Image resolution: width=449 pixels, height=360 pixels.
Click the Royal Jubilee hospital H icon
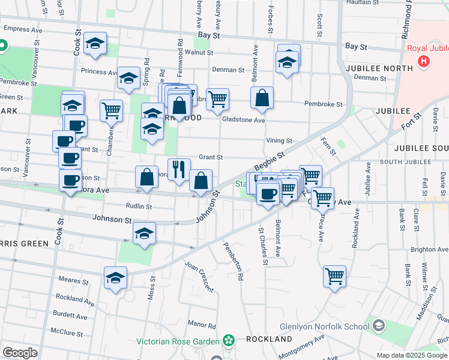pos(424,61)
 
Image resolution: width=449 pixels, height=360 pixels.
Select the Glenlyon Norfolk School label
pos(324,327)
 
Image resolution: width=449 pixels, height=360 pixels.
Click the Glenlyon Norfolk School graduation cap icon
pos(378,326)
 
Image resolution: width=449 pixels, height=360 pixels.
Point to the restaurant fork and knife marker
pos(179,169)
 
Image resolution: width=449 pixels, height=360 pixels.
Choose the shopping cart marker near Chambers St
pos(111,110)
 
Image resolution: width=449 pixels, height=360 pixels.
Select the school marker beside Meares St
pos(115,278)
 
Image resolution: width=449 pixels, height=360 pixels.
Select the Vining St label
pos(280,140)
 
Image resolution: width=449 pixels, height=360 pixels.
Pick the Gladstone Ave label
pos(243,120)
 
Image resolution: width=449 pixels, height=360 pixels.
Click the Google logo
pos(20,353)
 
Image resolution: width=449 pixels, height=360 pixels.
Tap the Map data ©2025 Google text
pos(412,355)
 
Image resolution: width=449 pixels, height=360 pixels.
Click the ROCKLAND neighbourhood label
pos(269,339)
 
